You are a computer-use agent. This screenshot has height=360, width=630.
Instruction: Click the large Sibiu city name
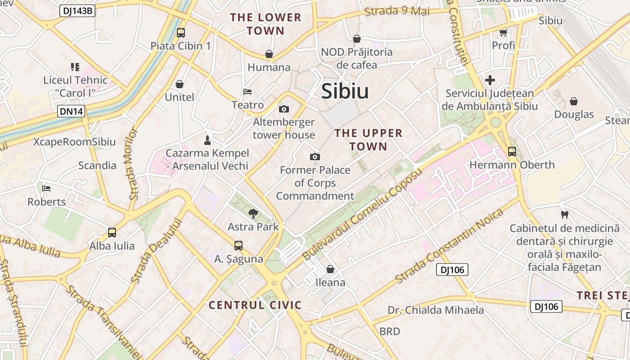(345, 91)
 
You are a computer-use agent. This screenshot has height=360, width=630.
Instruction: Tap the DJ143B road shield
(77, 11)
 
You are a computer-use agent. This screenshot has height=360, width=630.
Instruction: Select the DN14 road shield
(71, 111)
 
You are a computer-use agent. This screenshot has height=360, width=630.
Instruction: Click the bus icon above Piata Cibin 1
(180, 32)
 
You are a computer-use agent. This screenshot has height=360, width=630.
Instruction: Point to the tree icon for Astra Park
(253, 214)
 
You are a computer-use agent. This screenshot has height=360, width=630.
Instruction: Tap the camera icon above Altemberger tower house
(284, 109)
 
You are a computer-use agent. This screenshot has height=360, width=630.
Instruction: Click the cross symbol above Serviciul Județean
(490, 81)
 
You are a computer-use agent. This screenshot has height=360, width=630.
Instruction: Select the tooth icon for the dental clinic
(564, 215)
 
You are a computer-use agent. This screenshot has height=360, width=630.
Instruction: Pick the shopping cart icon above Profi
(503, 32)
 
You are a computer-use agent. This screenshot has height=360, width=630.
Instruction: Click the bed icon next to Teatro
(247, 92)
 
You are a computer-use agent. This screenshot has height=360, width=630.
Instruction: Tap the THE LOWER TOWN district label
(265, 24)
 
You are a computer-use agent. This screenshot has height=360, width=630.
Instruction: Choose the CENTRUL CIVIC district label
(255, 305)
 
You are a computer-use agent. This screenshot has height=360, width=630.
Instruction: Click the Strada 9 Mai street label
(397, 11)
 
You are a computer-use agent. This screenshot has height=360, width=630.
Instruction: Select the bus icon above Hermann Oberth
(512, 152)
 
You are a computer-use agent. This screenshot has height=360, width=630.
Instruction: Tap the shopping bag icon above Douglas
(574, 101)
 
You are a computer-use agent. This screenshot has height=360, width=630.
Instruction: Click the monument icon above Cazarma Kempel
(207, 140)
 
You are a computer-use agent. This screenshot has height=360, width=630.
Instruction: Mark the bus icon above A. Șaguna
(238, 246)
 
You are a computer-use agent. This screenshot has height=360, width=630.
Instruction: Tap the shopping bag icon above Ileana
(330, 269)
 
